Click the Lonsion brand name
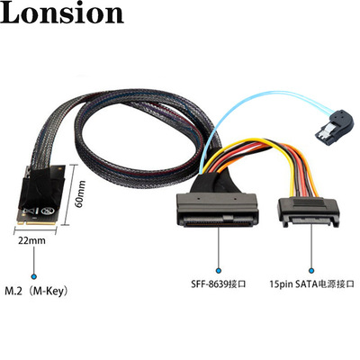[x=62, y=13]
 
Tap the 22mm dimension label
[x=31, y=240]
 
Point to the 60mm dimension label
[x=80, y=193]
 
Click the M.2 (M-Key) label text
[x=36, y=291]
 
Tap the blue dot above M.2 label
[x=34, y=276]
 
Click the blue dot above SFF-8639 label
[x=219, y=271]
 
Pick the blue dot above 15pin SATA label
[x=311, y=271]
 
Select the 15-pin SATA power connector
[x=309, y=212]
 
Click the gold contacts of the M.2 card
[x=37, y=222]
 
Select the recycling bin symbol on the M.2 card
[x=47, y=211]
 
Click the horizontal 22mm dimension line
[x=35, y=231]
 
